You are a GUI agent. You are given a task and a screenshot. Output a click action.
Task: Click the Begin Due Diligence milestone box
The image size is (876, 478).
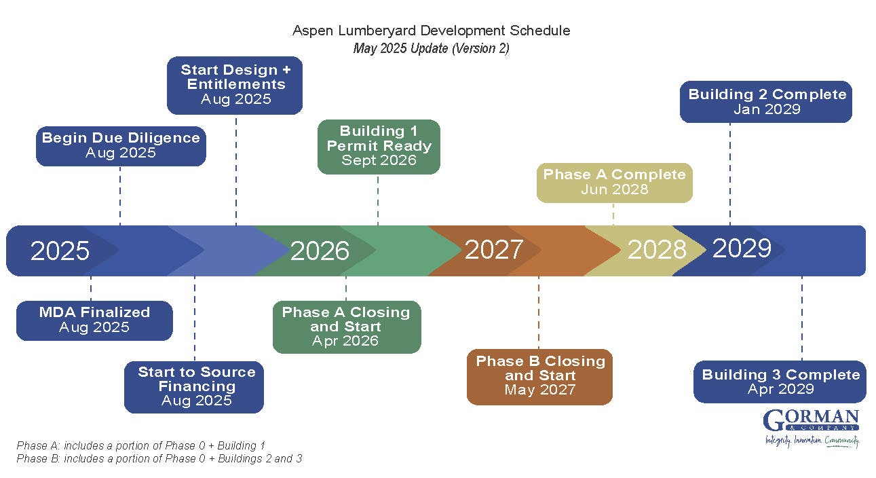coord(121,145)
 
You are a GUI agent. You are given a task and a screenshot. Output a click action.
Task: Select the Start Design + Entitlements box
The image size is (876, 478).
coord(235,85)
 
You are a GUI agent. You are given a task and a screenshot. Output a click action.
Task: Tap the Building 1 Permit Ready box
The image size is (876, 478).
coord(379,146)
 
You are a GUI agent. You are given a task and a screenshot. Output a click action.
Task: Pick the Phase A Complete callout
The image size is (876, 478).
coord(614,182)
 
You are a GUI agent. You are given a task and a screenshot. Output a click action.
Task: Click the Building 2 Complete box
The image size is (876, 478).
coord(766,102)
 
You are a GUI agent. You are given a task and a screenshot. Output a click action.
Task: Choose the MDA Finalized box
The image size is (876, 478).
coord(94,320)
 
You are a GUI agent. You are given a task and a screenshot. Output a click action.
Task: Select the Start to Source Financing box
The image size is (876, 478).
coord(194,386)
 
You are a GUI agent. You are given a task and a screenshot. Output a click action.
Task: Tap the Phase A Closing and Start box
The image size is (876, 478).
coord(346,327)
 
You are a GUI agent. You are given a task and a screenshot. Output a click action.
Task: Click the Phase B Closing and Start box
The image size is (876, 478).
coord(540,376)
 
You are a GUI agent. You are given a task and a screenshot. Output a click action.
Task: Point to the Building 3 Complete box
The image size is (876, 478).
coord(780,382)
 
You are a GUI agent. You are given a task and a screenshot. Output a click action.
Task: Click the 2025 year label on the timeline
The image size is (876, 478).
coord(60,251)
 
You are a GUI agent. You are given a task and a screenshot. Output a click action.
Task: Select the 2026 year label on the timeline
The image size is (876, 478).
coord(320,251)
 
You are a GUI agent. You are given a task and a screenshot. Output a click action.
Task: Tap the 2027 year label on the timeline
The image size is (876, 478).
coord(493,249)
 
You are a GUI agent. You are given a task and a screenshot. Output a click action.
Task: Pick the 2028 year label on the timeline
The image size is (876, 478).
coord(656,250)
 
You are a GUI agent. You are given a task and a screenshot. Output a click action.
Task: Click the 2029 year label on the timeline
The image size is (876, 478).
coord(742,249)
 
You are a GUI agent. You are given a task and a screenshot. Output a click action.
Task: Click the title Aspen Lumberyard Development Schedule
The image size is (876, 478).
coord(431,31)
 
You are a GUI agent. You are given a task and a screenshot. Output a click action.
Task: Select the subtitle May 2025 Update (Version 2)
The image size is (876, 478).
coord(431,49)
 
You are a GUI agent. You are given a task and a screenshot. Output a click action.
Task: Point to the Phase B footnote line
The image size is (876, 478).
coord(159,459)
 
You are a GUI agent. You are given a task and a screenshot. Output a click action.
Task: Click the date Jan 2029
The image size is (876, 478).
coord(766,109)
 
